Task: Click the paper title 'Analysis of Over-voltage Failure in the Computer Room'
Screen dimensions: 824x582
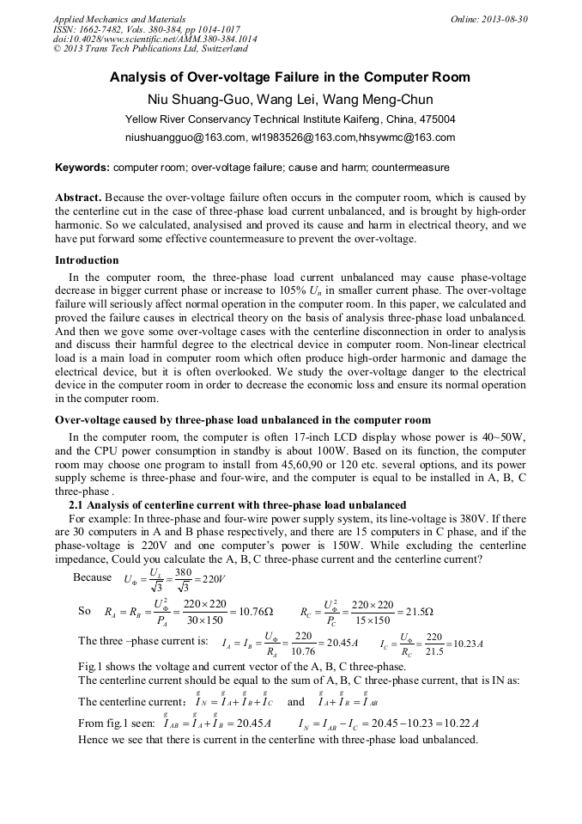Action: (x=290, y=77)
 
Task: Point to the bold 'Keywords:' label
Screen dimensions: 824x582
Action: (x=82, y=167)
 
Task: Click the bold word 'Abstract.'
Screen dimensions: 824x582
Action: (x=79, y=197)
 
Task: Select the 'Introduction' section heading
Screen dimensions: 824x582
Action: (x=87, y=260)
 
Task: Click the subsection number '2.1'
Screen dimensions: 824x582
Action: (x=79, y=504)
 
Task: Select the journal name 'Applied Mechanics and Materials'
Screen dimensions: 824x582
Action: (x=119, y=19)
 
